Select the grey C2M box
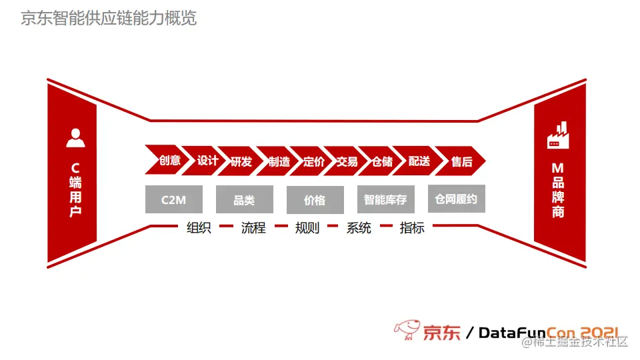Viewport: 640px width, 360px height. coord(173,199)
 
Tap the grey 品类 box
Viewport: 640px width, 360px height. coord(244,199)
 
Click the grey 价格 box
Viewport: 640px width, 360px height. coord(315,199)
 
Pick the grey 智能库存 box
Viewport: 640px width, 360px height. coord(385,199)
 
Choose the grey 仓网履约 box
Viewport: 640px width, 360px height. coord(456,199)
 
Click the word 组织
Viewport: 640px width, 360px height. coord(199,227)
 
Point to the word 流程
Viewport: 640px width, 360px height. coord(253,227)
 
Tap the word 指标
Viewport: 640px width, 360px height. coord(412,227)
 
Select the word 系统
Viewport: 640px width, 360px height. coord(359,227)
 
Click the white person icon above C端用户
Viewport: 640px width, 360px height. coord(75,137)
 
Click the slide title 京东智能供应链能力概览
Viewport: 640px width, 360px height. coord(109,18)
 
